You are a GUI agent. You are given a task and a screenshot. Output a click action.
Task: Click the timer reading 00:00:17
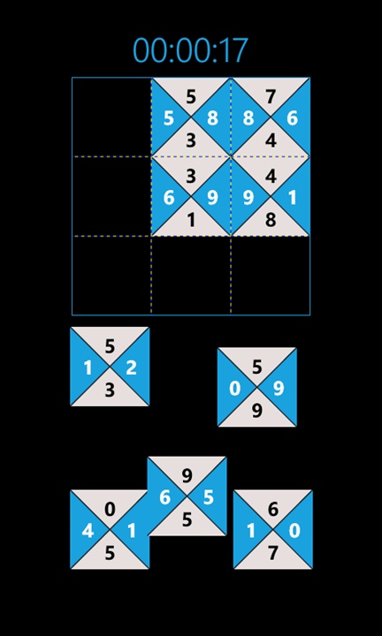(190, 50)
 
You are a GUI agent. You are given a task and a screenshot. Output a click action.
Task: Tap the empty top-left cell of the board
(111, 117)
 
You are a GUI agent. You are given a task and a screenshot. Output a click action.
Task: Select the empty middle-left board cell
(111, 196)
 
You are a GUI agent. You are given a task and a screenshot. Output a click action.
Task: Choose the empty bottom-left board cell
(111, 275)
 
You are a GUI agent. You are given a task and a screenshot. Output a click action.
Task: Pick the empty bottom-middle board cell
(191, 275)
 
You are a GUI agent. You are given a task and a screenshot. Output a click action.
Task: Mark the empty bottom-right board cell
(271, 275)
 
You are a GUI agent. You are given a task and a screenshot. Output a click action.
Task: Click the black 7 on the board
(271, 97)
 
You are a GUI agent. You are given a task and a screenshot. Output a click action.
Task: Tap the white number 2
(131, 368)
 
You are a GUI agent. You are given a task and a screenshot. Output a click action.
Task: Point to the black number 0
(110, 510)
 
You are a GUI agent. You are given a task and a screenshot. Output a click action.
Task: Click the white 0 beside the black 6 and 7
(294, 531)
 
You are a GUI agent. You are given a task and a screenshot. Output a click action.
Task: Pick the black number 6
(273, 510)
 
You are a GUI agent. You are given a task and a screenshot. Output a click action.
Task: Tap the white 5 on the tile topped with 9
(209, 497)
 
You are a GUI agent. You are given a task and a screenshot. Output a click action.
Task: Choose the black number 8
(271, 220)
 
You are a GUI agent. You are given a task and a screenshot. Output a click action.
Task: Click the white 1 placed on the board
(293, 199)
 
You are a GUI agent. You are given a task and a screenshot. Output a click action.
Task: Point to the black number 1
(191, 220)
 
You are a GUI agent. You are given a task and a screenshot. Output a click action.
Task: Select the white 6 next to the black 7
(293, 118)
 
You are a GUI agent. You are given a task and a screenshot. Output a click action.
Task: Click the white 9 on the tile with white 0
(278, 389)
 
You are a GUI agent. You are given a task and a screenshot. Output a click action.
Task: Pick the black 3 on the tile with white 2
(110, 390)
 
